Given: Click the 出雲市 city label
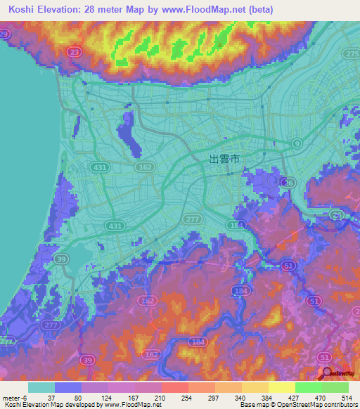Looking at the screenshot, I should (225, 160).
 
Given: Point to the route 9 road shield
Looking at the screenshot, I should (297, 143).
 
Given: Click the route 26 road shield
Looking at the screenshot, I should (289, 183).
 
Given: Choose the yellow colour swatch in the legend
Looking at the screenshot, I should (281, 387).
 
